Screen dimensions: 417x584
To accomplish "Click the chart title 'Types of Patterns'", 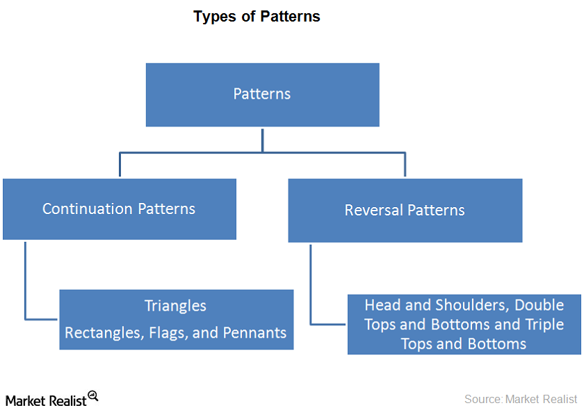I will [257, 17].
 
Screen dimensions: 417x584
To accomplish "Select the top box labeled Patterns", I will [262, 95].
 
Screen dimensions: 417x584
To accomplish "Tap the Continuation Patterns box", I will [119, 209].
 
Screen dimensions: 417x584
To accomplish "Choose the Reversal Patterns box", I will [405, 211].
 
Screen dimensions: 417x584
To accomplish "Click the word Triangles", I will [175, 306].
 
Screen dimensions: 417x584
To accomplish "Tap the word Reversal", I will [373, 211].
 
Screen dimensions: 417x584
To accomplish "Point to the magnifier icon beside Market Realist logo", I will [93, 396].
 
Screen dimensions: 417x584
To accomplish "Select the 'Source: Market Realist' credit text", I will [521, 399].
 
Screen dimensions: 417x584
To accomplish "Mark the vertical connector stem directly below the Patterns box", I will [262, 139].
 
